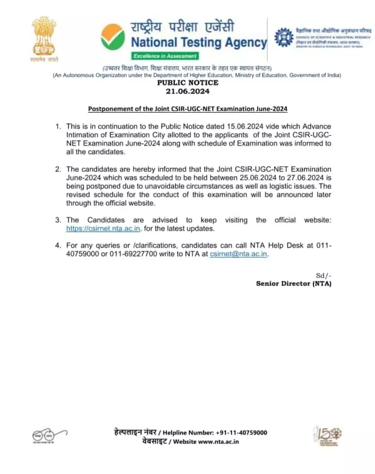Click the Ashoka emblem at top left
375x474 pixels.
pyautogui.click(x=44, y=36)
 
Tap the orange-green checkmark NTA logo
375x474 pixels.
pyautogui.click(x=113, y=37)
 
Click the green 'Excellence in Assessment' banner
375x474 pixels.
pyautogui.click(x=165, y=56)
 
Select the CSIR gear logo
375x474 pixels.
pyautogui.click(x=284, y=38)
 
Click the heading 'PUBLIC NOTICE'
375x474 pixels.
pyautogui.click(x=187, y=83)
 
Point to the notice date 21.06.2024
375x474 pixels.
pyautogui.click(x=187, y=91)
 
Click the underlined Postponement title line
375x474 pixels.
pyautogui.click(x=187, y=109)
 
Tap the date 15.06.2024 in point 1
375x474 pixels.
pyautogui.click(x=245, y=126)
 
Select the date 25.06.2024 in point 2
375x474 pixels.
pyautogui.click(x=258, y=178)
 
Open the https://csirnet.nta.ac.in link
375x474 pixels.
pyautogui.click(x=103, y=228)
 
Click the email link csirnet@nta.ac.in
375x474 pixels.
pyautogui.click(x=238, y=254)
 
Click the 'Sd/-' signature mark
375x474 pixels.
pyautogui.click(x=323, y=276)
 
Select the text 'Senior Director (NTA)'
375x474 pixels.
pyautogui.click(x=293, y=284)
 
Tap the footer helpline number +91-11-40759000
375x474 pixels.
pyautogui.click(x=241, y=433)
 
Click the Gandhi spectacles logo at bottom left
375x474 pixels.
pyautogui.click(x=49, y=435)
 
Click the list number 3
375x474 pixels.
pyautogui.click(x=58, y=220)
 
